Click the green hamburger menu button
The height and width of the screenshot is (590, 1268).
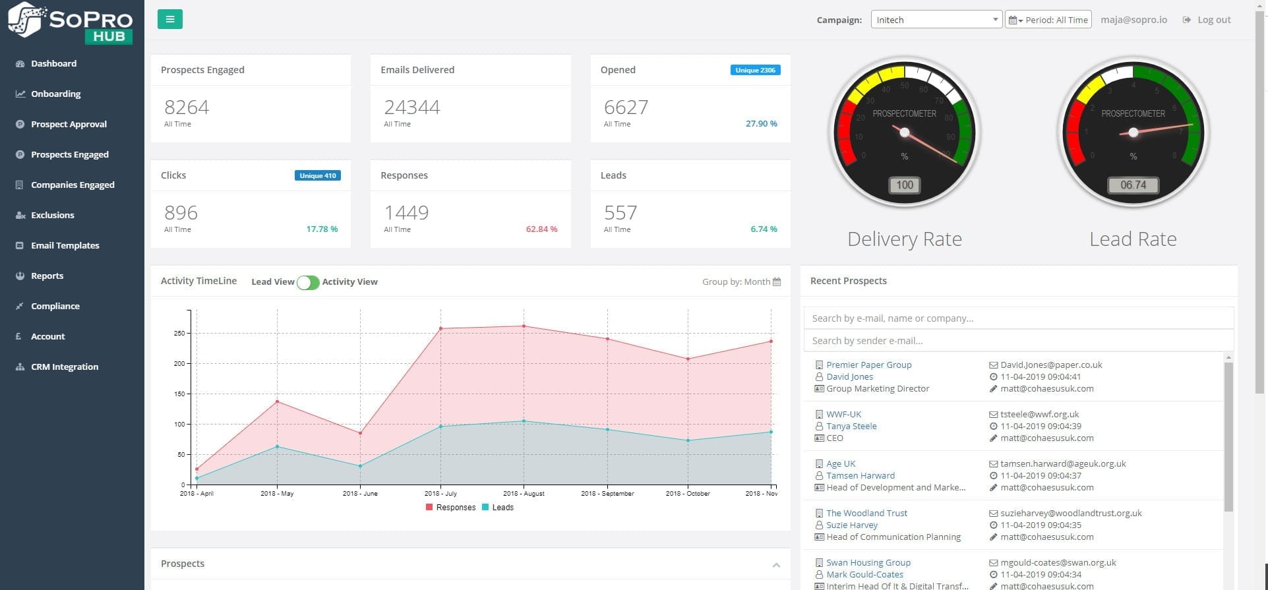tap(169, 19)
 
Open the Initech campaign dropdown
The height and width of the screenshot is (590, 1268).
tap(936, 20)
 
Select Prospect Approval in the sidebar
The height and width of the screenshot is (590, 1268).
tap(69, 124)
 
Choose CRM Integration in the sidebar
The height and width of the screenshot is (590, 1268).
tap(64, 367)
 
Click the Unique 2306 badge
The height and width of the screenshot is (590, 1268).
tap(755, 70)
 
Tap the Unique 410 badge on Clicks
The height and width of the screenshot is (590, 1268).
tap(317, 175)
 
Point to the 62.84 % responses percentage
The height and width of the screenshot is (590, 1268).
tap(541, 229)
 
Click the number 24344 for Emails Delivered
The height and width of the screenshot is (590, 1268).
tap(412, 107)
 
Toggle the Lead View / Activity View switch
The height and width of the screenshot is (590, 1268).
tap(308, 282)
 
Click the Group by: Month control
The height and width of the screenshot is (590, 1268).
tap(740, 281)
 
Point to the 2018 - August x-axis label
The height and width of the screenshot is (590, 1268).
tap(524, 493)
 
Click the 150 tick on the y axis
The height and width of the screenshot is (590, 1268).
tap(179, 394)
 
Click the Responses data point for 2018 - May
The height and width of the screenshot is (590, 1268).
tap(277, 401)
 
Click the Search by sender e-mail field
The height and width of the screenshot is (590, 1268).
tap(1017, 341)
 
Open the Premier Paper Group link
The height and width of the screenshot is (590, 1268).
tap(868, 365)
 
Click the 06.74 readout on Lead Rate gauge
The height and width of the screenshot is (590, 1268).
tap(1133, 185)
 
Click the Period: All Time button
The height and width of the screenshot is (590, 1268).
tap(1048, 20)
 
